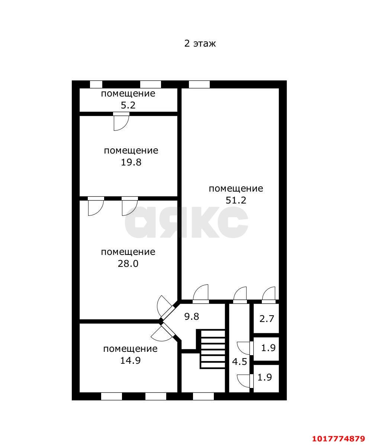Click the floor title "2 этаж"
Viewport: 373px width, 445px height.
200,44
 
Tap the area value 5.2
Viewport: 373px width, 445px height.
128,105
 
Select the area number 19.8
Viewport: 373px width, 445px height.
131,162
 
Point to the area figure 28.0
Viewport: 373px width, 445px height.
128,263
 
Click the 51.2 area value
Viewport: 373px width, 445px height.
236,200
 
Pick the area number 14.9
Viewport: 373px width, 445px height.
130,360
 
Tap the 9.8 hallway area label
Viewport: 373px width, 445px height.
192,316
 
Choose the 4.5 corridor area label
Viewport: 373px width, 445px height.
239,362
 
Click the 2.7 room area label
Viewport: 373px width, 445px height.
267,319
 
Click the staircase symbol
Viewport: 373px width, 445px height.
213,349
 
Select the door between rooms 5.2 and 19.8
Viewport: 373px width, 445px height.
121,121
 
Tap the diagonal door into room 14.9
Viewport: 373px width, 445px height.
163,332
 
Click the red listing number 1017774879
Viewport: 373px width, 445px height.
338,439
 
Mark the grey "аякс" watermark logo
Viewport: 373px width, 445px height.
186,222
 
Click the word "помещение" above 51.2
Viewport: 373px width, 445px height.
236,189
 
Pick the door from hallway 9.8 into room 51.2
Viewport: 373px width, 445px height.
201,294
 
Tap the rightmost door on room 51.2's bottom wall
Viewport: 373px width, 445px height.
269,295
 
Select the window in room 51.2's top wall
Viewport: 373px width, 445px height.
199,84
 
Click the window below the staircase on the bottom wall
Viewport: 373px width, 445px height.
203,397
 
